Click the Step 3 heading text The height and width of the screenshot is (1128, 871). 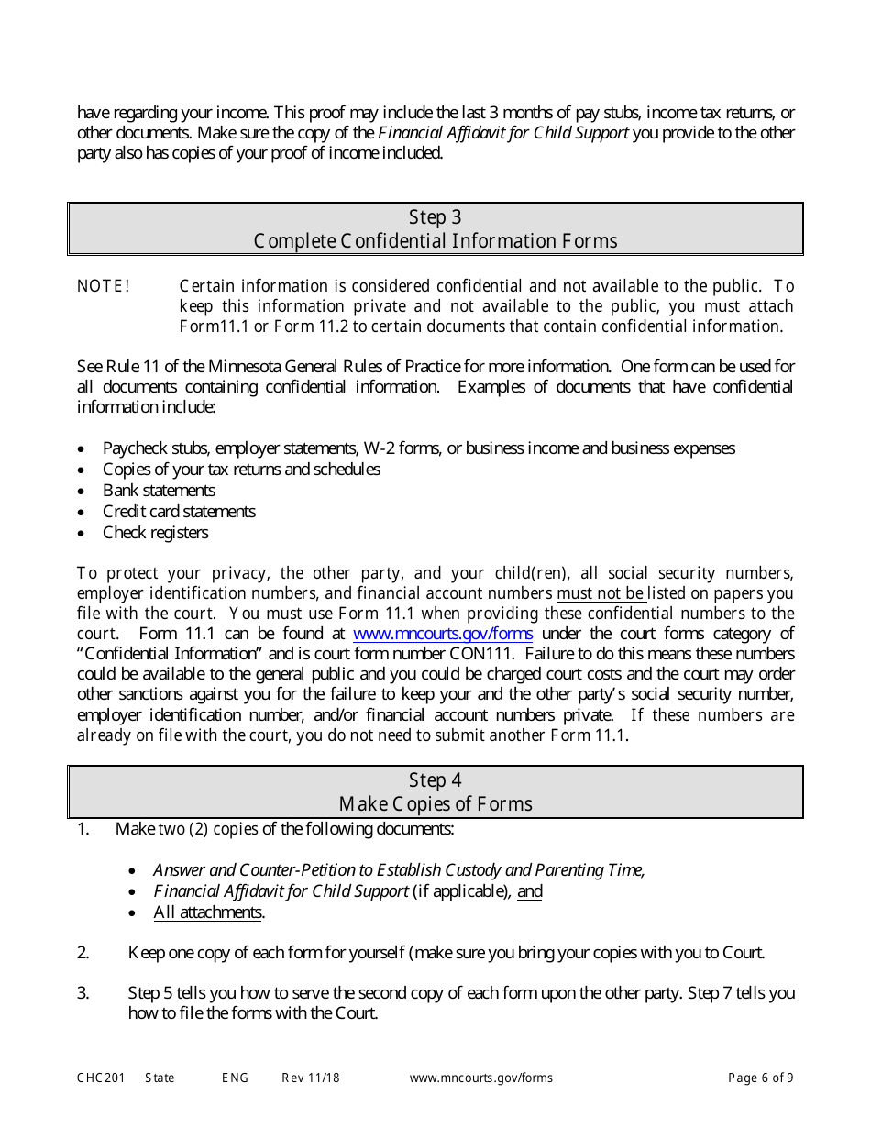pos(435,217)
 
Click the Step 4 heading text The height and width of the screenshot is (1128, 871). pos(435,780)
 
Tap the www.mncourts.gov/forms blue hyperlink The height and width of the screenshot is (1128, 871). pos(442,634)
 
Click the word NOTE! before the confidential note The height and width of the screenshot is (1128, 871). pos(104,286)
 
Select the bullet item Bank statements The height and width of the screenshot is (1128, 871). pos(159,491)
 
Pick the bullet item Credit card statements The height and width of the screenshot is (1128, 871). pos(179,512)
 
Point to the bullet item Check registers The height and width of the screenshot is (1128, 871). pos(155,533)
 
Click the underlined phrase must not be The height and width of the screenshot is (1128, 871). pos(601,593)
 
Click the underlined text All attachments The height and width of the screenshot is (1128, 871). pos(208,912)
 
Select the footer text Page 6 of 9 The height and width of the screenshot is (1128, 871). pos(760,1078)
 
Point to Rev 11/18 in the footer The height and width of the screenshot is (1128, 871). pos(310,1078)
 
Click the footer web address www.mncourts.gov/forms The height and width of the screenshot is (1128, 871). pos(480,1078)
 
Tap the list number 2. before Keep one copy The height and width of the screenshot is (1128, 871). pos(83,953)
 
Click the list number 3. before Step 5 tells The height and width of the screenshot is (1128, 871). pos(83,993)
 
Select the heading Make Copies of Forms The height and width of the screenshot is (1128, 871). pos(435,804)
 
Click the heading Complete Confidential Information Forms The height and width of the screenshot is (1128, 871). pos(435,241)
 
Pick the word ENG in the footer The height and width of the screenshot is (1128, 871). pos(235,1078)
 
